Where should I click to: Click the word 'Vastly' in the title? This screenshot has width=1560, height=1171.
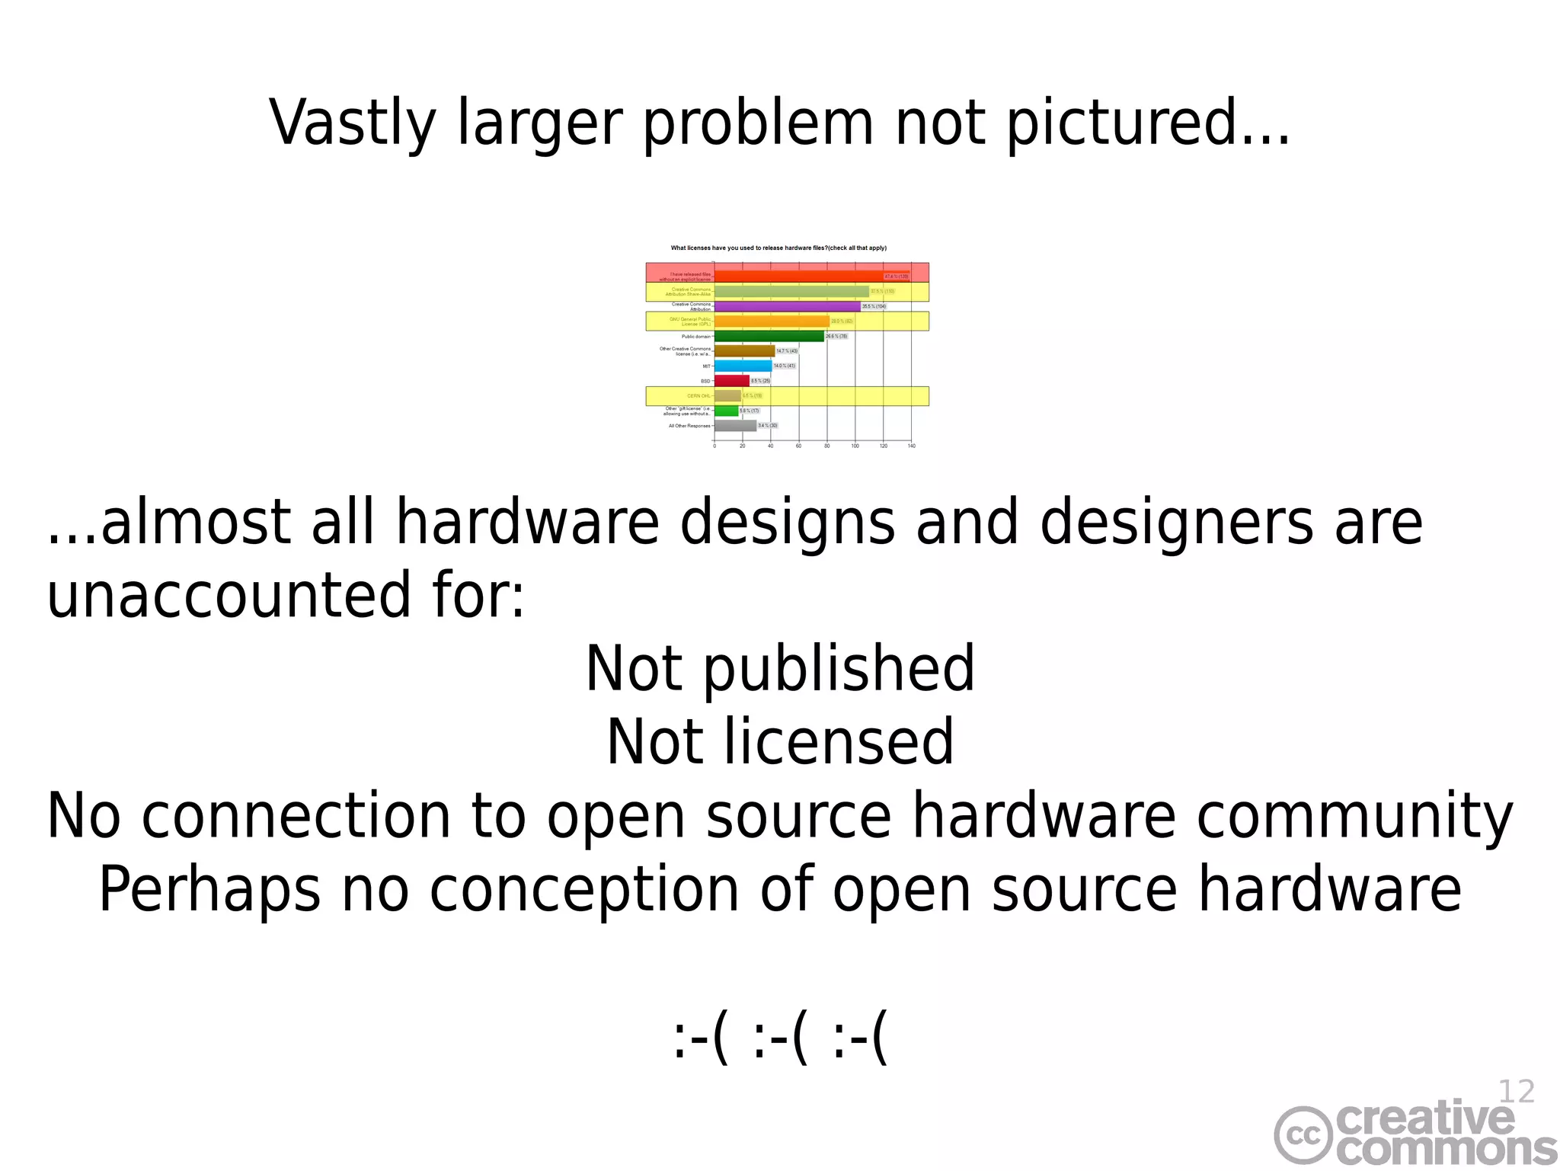coord(353,123)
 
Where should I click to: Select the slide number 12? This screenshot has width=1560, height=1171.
coord(1516,1092)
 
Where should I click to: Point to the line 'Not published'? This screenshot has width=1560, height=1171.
coord(780,669)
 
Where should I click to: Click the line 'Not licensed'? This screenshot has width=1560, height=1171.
coord(780,742)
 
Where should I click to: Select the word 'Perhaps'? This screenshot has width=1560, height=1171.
coord(209,890)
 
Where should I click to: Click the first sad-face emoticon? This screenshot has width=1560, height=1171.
coord(701,1039)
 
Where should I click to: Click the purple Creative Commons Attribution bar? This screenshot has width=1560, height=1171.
coord(787,306)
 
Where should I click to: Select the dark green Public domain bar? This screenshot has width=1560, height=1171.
coord(769,336)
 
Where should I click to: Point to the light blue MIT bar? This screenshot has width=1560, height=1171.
coord(743,366)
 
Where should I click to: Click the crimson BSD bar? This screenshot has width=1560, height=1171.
coord(731,381)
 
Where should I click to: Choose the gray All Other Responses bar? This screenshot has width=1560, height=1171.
coord(735,426)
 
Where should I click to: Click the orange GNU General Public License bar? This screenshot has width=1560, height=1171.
coord(772,322)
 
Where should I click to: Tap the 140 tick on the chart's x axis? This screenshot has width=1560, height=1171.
coord(912,446)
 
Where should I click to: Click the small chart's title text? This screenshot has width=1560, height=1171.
coord(778,248)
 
